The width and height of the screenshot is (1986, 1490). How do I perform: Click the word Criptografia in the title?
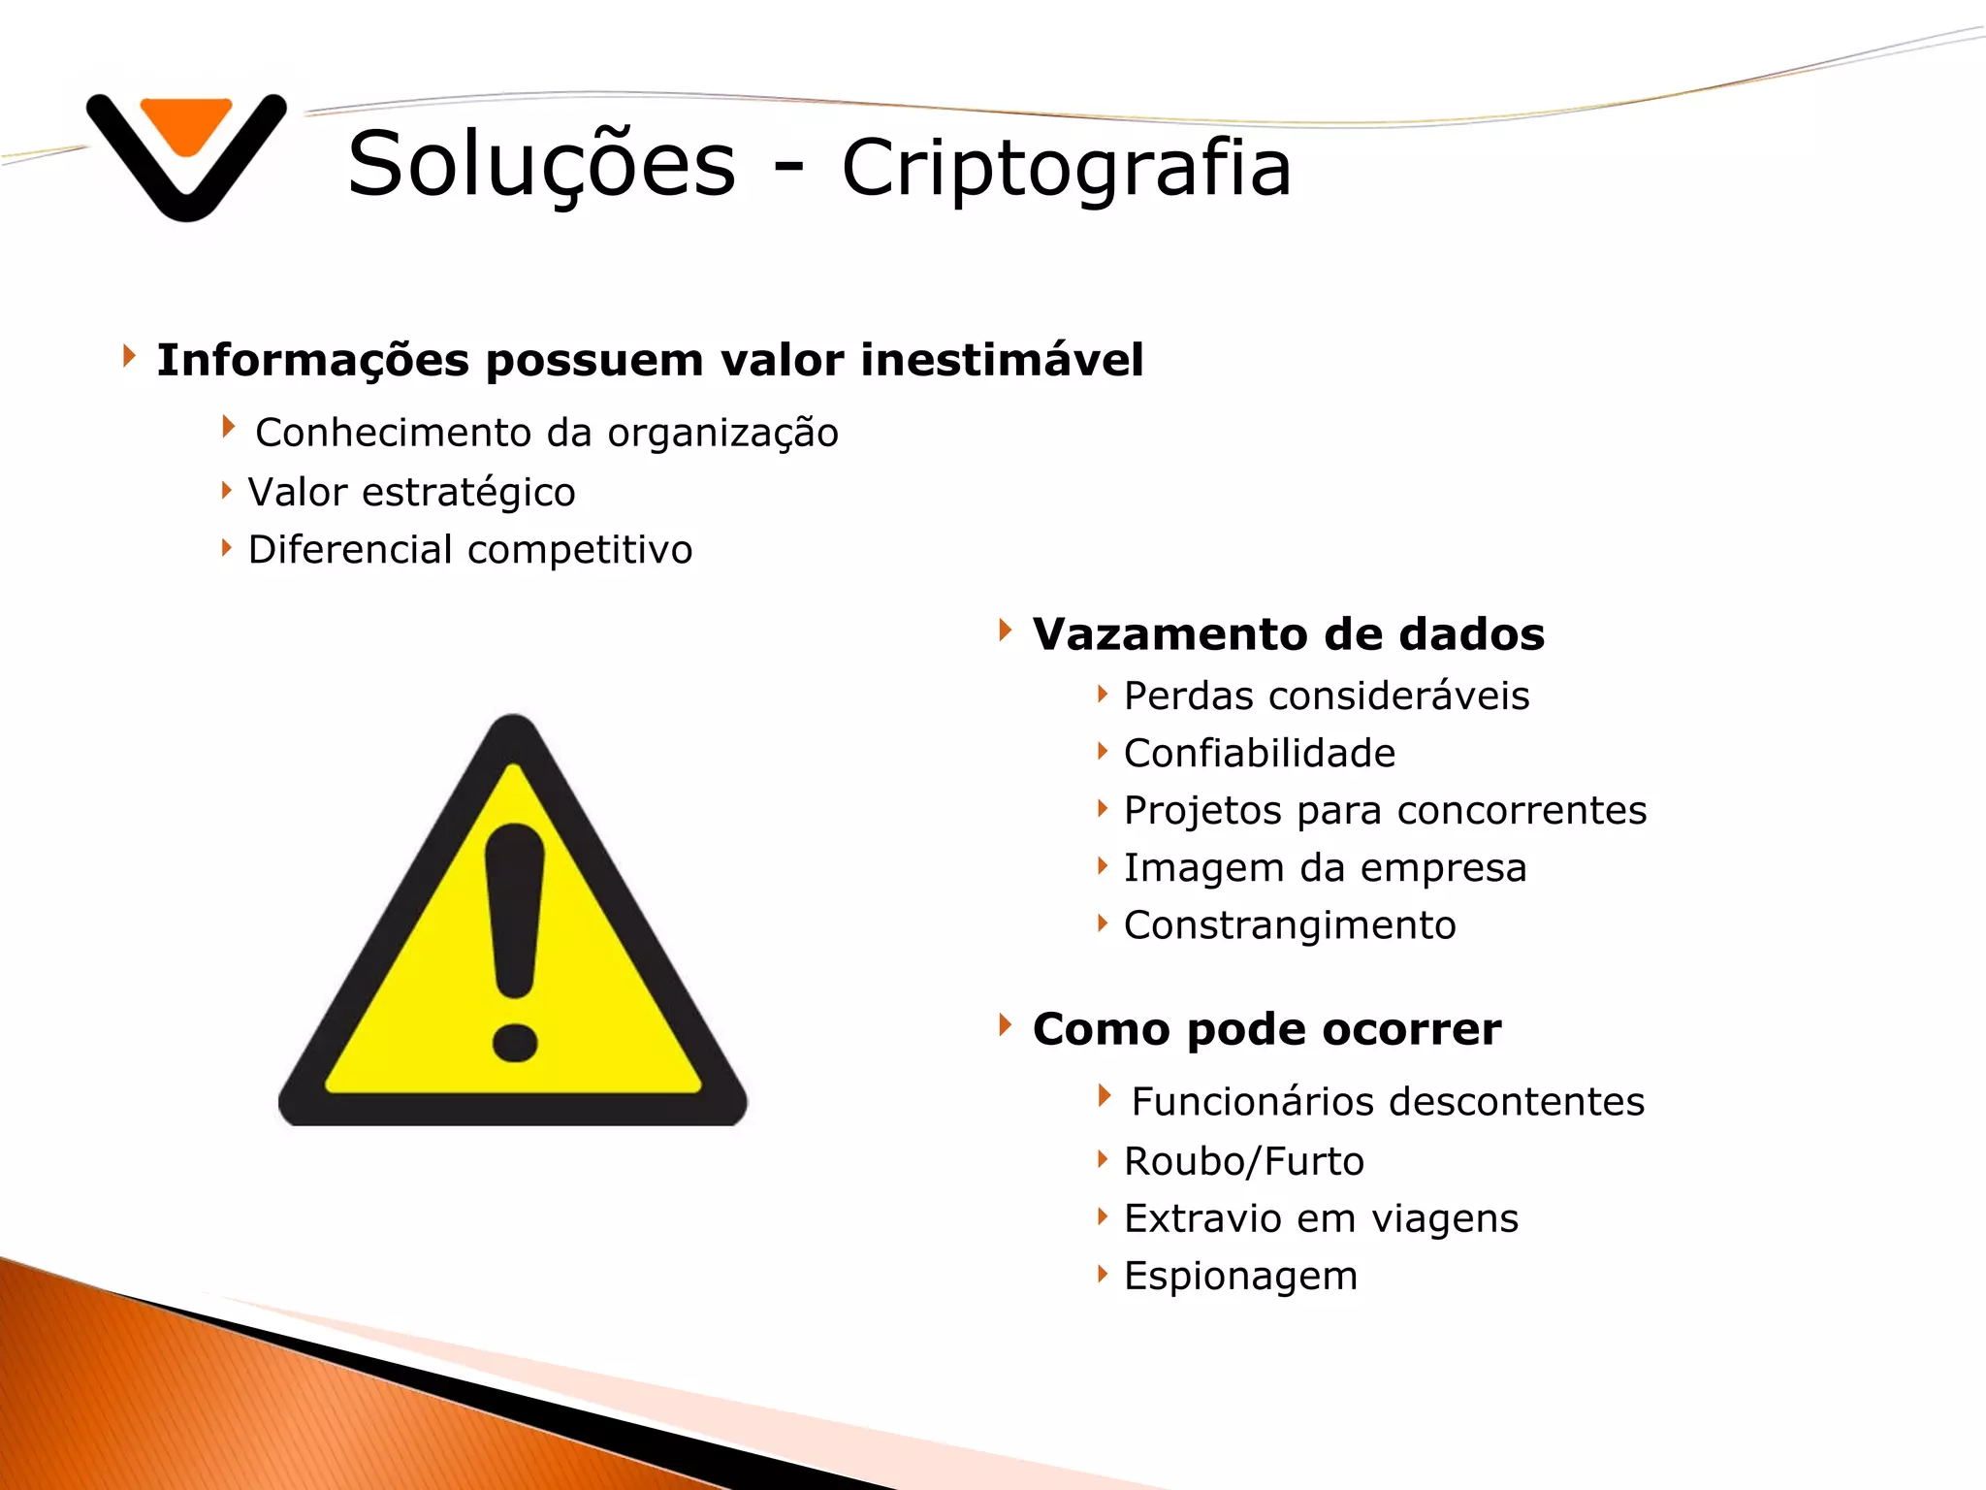point(1066,168)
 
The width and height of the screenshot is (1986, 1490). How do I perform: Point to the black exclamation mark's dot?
point(514,1043)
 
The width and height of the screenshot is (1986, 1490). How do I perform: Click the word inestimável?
point(1002,360)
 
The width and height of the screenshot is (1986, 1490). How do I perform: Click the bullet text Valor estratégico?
point(411,492)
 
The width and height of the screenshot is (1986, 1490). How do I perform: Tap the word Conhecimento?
point(394,433)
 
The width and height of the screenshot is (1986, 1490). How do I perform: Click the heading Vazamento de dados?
point(1288,634)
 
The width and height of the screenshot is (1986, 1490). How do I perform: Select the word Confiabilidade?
point(1259,753)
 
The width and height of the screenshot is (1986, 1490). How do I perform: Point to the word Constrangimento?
point(1289,925)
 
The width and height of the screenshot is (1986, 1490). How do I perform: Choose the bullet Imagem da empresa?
point(1325,868)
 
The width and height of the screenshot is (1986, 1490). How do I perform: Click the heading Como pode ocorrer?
point(1266,1029)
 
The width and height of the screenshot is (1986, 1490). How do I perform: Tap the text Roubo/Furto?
point(1243,1161)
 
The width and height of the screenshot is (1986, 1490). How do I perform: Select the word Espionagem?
point(1240,1277)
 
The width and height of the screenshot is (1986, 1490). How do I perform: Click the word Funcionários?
point(1253,1102)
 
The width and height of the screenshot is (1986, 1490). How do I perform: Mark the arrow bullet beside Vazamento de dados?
point(1006,631)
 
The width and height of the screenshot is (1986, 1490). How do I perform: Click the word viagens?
point(1444,1219)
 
